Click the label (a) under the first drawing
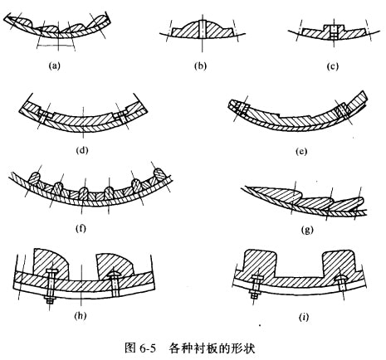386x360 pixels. (54, 66)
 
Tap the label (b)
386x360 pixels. (201, 66)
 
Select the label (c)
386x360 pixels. (333, 66)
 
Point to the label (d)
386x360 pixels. (82, 150)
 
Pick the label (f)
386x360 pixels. (81, 228)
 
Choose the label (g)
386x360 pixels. (307, 229)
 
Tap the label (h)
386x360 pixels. (81, 315)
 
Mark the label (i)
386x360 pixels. (304, 317)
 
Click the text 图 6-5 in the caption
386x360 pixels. (140, 348)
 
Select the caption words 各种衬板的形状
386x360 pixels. (212, 348)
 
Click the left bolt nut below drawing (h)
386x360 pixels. (50, 300)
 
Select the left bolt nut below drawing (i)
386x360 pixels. (255, 296)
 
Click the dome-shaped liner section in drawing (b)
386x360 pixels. (202, 28)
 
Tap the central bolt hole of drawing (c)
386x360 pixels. (334, 32)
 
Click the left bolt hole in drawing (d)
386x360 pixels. (44, 118)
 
